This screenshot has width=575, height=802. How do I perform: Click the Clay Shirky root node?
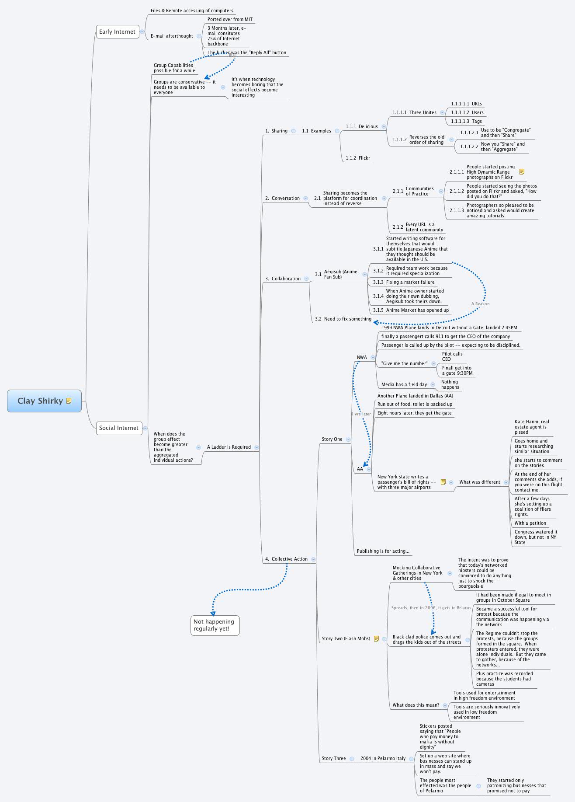click(40, 401)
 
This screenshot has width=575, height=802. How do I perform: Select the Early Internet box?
click(117, 32)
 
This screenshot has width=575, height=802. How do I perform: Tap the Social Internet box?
click(118, 428)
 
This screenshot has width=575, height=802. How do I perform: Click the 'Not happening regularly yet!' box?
click(215, 625)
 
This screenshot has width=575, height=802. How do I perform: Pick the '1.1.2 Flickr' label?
click(358, 158)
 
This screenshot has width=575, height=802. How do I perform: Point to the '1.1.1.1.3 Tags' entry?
click(466, 122)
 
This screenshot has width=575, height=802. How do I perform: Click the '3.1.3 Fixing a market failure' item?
click(404, 282)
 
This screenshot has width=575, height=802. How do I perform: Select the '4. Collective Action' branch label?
click(286, 559)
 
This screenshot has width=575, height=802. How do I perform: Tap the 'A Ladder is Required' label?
click(229, 447)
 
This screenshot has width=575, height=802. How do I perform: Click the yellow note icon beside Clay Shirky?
click(69, 401)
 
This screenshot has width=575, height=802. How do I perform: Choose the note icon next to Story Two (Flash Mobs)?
click(376, 639)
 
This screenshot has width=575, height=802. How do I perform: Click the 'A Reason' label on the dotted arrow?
click(480, 304)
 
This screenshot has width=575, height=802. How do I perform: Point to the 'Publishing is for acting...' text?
click(383, 551)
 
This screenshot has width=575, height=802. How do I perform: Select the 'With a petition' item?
click(530, 523)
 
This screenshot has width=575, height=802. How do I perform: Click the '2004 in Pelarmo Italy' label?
click(383, 759)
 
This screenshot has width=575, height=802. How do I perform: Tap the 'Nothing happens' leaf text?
click(450, 385)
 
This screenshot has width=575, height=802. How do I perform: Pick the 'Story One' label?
click(332, 439)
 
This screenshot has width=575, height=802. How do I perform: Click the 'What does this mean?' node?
click(416, 705)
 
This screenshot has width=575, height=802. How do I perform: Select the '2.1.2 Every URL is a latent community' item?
click(418, 227)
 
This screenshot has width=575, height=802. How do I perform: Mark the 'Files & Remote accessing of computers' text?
click(192, 11)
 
